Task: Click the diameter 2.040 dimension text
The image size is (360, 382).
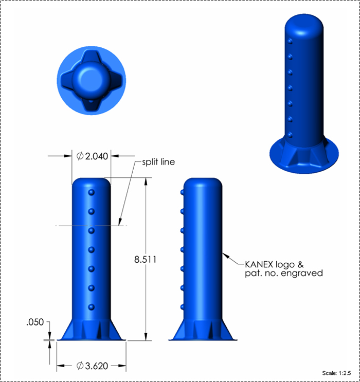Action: pos(92,156)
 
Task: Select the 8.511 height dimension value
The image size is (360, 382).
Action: pos(145,260)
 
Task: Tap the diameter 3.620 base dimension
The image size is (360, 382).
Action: pos(92,366)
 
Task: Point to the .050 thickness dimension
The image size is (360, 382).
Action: pos(35,322)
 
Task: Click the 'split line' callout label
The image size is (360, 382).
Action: pos(158,162)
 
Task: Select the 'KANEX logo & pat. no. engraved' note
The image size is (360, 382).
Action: pos(284,269)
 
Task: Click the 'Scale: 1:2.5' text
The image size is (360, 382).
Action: pos(336,373)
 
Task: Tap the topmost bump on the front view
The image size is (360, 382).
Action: pos(91,192)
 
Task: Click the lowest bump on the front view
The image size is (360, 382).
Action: pos(91,307)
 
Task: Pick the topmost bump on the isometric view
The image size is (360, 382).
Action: pos(290,41)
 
